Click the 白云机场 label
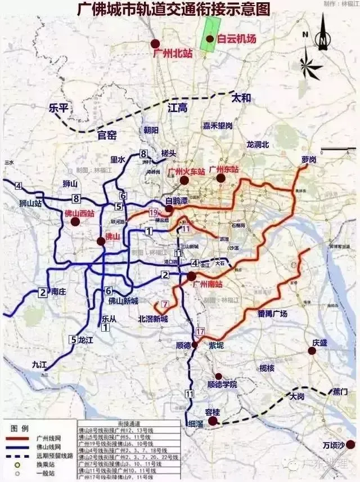click(x=237, y=39)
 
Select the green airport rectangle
click(x=211, y=34)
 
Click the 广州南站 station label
click(x=208, y=284)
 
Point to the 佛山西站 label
click(x=79, y=213)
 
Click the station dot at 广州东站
click(x=220, y=178)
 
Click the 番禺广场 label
click(x=272, y=314)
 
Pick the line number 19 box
click(x=155, y=212)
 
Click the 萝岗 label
click(x=309, y=160)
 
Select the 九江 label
click(x=40, y=364)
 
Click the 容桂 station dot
click(x=213, y=421)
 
